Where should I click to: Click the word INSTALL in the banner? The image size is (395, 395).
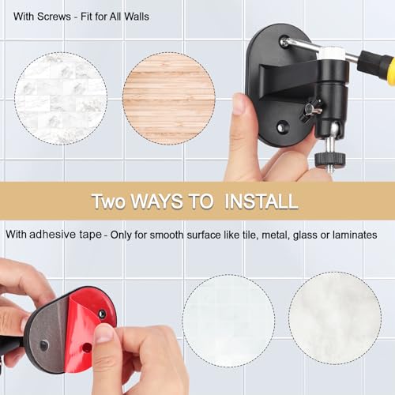pyautogui.click(x=261, y=201)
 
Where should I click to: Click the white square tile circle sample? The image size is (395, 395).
pyautogui.click(x=228, y=319)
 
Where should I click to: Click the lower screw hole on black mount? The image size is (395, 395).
pyautogui.click(x=282, y=125)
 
